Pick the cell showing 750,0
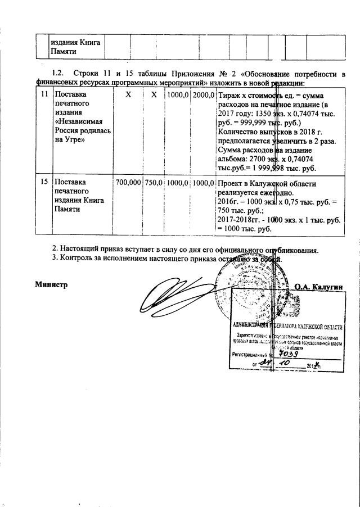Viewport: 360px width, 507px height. click(154, 183)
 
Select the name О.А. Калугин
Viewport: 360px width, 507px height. click(319, 286)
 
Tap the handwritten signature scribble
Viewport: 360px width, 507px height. click(174, 298)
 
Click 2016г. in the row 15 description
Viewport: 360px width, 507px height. click(231, 201)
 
